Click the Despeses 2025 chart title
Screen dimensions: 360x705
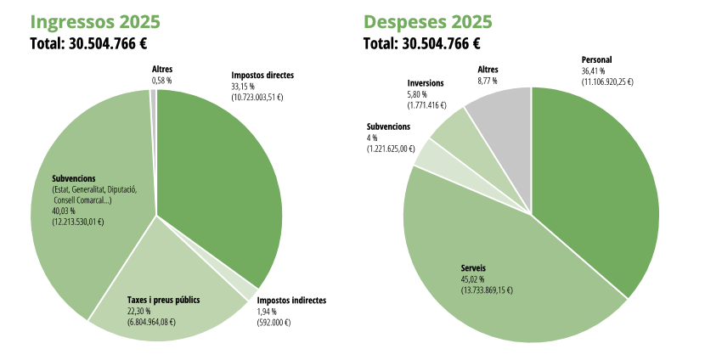pos(427,21)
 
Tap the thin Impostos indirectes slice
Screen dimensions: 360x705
pos(249,291)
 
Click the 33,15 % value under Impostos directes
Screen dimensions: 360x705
pos(243,87)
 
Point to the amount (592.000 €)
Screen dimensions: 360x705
pos(274,323)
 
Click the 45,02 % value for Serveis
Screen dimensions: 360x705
pos(473,279)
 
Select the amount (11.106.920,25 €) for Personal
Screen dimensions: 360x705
pos(607,82)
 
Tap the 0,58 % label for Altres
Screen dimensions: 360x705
pos(161,80)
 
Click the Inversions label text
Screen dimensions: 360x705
pos(426,83)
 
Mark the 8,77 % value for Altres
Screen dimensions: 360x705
pos(488,81)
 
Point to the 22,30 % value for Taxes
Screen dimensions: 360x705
pos(138,311)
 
